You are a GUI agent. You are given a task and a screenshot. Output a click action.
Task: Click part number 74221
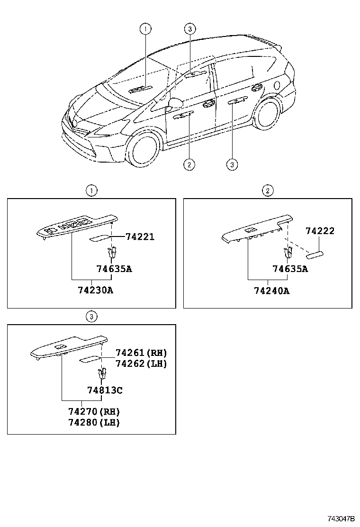coord(140,236)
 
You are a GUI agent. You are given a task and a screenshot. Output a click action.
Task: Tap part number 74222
coord(320,231)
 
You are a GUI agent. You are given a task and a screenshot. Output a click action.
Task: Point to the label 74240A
coord(268,291)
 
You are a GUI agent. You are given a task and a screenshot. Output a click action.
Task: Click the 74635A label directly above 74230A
coord(114,269)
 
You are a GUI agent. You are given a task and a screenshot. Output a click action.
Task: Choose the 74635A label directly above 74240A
coord(290,269)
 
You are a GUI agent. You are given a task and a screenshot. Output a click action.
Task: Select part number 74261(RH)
coord(141,353)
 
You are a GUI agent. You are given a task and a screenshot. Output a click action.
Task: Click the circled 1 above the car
coord(145,29)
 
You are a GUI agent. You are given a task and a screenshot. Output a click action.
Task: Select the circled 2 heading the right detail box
coord(268,191)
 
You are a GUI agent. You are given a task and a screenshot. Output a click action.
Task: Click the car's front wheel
coord(143,151)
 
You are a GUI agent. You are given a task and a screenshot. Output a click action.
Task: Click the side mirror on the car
coord(175,103)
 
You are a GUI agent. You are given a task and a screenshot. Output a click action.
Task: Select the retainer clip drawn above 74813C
coord(101,374)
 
